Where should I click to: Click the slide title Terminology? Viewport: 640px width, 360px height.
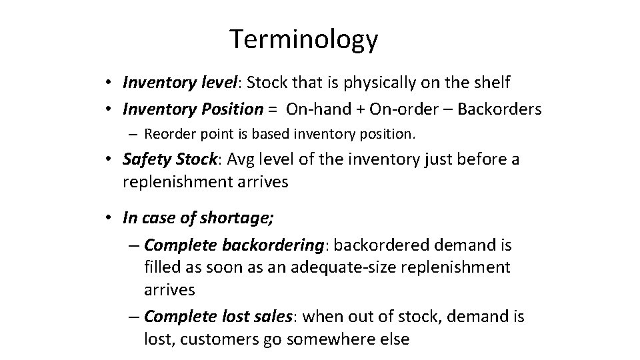tap(303, 40)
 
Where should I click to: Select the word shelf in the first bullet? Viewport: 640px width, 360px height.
tap(490, 83)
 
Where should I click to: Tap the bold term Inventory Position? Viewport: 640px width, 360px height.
tap(193, 109)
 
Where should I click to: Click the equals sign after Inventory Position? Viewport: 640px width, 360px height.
tap(273, 109)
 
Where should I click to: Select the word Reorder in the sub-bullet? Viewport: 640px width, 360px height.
tap(166, 134)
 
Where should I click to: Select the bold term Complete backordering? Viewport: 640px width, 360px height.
tap(235, 245)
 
